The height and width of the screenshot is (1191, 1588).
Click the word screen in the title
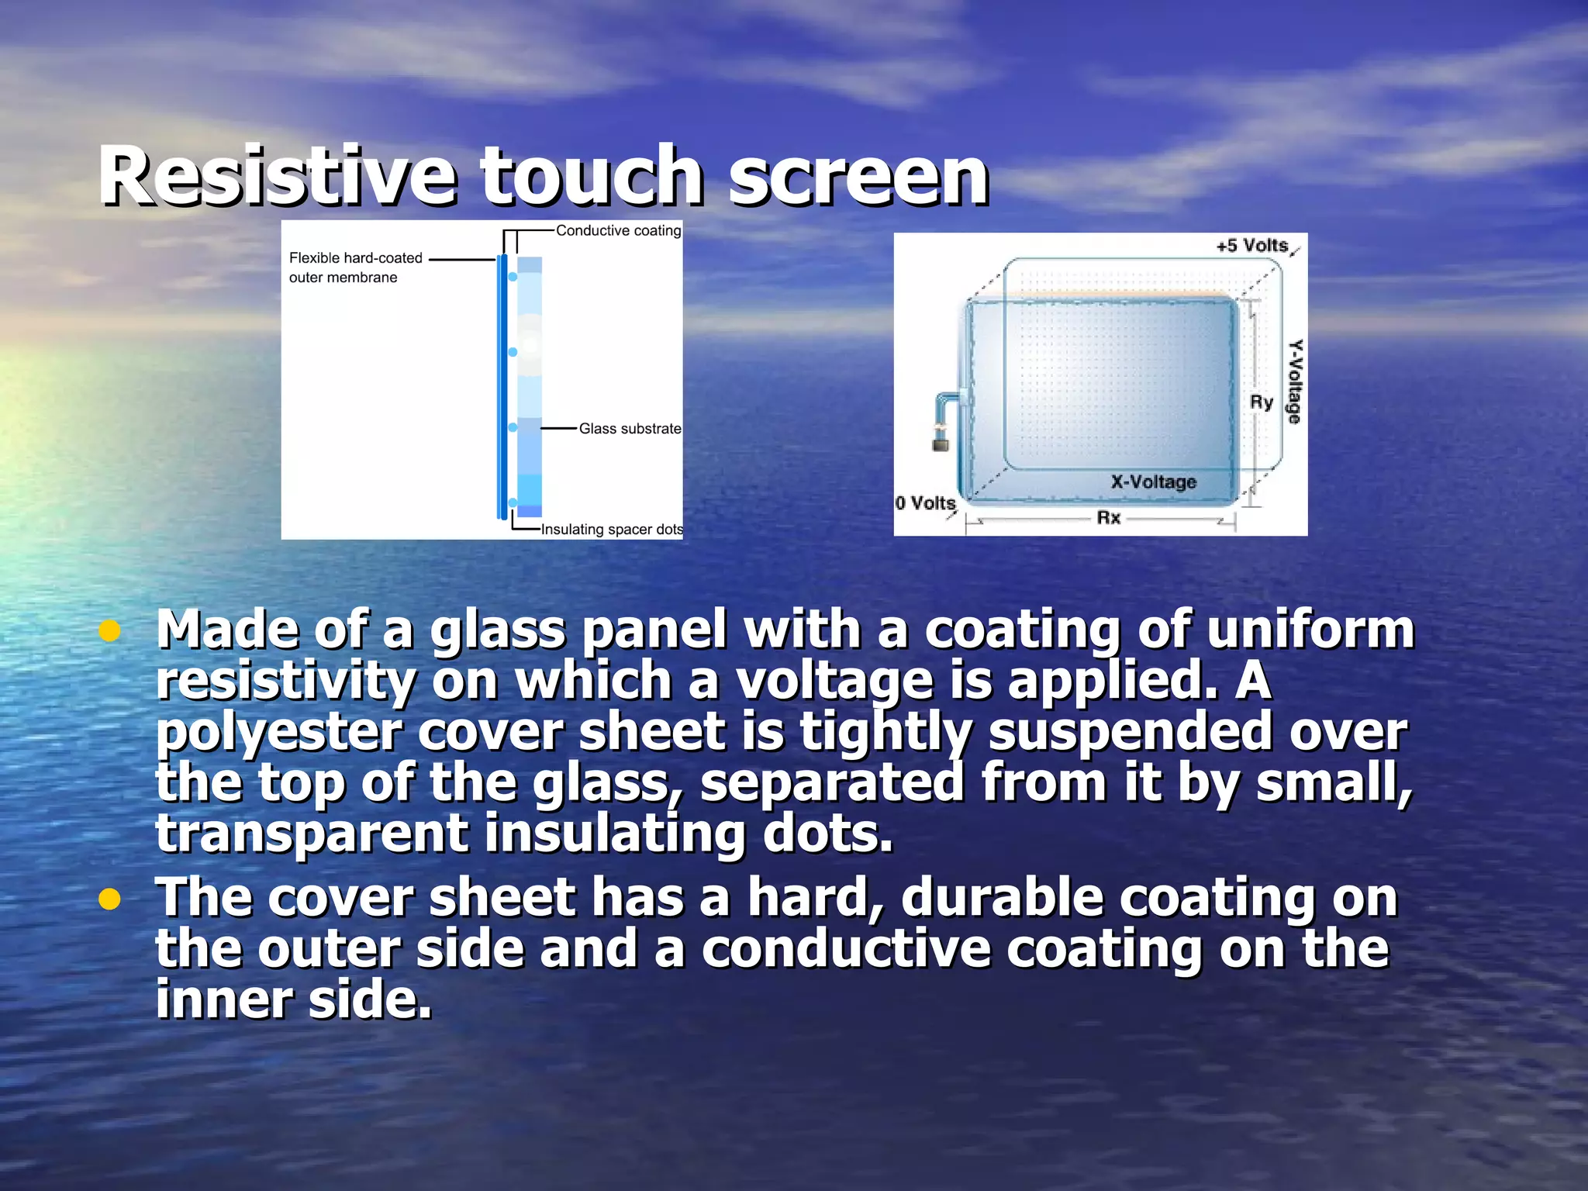pos(858,177)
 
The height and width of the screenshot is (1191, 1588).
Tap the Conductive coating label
pos(618,230)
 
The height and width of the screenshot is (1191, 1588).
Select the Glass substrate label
pos(630,429)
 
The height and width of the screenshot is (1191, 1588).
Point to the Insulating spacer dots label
pos(612,530)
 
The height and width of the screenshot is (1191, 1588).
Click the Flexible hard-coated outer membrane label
pos(355,268)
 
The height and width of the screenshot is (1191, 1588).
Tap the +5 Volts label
pos(1251,246)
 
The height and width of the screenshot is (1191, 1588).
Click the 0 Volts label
pos(925,503)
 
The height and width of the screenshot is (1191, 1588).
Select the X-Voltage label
pos(1153,482)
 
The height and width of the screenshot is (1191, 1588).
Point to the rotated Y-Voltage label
pos(1294,381)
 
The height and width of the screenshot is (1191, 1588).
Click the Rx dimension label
pos(1108,518)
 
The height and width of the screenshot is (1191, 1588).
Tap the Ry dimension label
pos(1261,402)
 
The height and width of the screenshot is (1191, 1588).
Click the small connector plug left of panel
pos(941,440)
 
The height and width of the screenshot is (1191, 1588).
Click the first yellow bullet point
pos(110,631)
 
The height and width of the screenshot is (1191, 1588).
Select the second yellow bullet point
pos(110,899)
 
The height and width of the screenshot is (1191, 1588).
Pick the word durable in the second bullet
pos(1002,898)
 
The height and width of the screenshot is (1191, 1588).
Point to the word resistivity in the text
pos(285,682)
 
